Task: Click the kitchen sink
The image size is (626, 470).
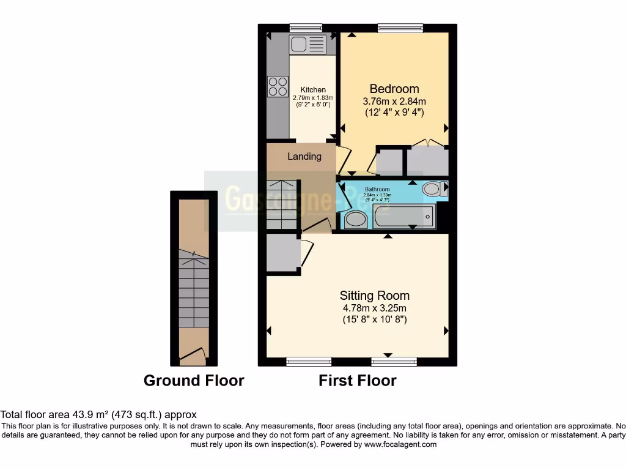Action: (309, 44)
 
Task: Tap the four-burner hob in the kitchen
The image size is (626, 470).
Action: (278, 86)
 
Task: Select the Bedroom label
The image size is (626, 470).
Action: (394, 89)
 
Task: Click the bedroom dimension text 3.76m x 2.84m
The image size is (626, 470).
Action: (394, 101)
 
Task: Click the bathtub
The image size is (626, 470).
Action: (404, 217)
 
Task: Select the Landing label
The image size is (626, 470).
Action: (304, 156)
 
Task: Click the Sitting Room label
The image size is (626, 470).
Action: (374, 296)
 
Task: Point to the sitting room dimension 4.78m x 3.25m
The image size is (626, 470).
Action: (374, 308)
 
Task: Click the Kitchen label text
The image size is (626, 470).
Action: (313, 90)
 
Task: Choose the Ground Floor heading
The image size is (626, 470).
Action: (194, 381)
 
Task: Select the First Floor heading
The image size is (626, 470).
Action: (357, 381)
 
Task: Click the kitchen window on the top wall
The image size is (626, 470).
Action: (306, 27)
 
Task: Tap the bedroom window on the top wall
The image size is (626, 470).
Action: (400, 27)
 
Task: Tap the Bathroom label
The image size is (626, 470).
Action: (377, 190)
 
